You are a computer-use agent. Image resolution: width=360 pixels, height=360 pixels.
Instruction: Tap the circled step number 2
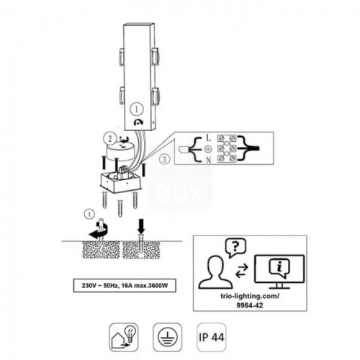[107, 136]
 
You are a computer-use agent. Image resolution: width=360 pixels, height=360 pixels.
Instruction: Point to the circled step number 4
[89, 214]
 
